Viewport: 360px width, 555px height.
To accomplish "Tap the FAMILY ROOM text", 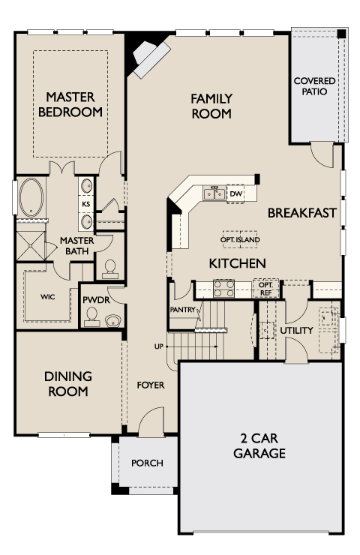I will click(x=211, y=106).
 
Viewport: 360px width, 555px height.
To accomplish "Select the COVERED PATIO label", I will click(x=314, y=86).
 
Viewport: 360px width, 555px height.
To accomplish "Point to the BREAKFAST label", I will click(x=301, y=213).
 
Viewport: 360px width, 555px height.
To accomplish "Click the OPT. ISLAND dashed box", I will click(x=240, y=240).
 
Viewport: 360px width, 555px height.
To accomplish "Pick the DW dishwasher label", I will click(x=235, y=193).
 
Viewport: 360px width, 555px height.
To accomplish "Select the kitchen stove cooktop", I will click(x=223, y=288).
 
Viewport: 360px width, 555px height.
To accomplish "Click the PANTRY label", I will click(x=182, y=309).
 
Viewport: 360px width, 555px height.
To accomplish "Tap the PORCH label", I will click(x=147, y=463).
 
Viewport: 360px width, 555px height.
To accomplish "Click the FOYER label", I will click(x=150, y=385).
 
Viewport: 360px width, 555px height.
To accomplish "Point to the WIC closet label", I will click(x=47, y=296).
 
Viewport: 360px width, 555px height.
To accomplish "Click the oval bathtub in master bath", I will click(x=32, y=197).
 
